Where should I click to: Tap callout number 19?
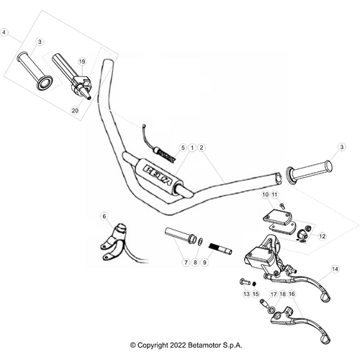click(82, 62)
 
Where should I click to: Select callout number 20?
click(75, 110)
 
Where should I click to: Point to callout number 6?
click(104, 215)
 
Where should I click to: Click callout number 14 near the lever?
click(334, 269)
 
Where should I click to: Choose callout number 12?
click(321, 235)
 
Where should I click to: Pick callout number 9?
click(204, 264)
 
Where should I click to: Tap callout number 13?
click(246, 294)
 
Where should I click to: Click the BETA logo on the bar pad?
click(154, 172)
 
